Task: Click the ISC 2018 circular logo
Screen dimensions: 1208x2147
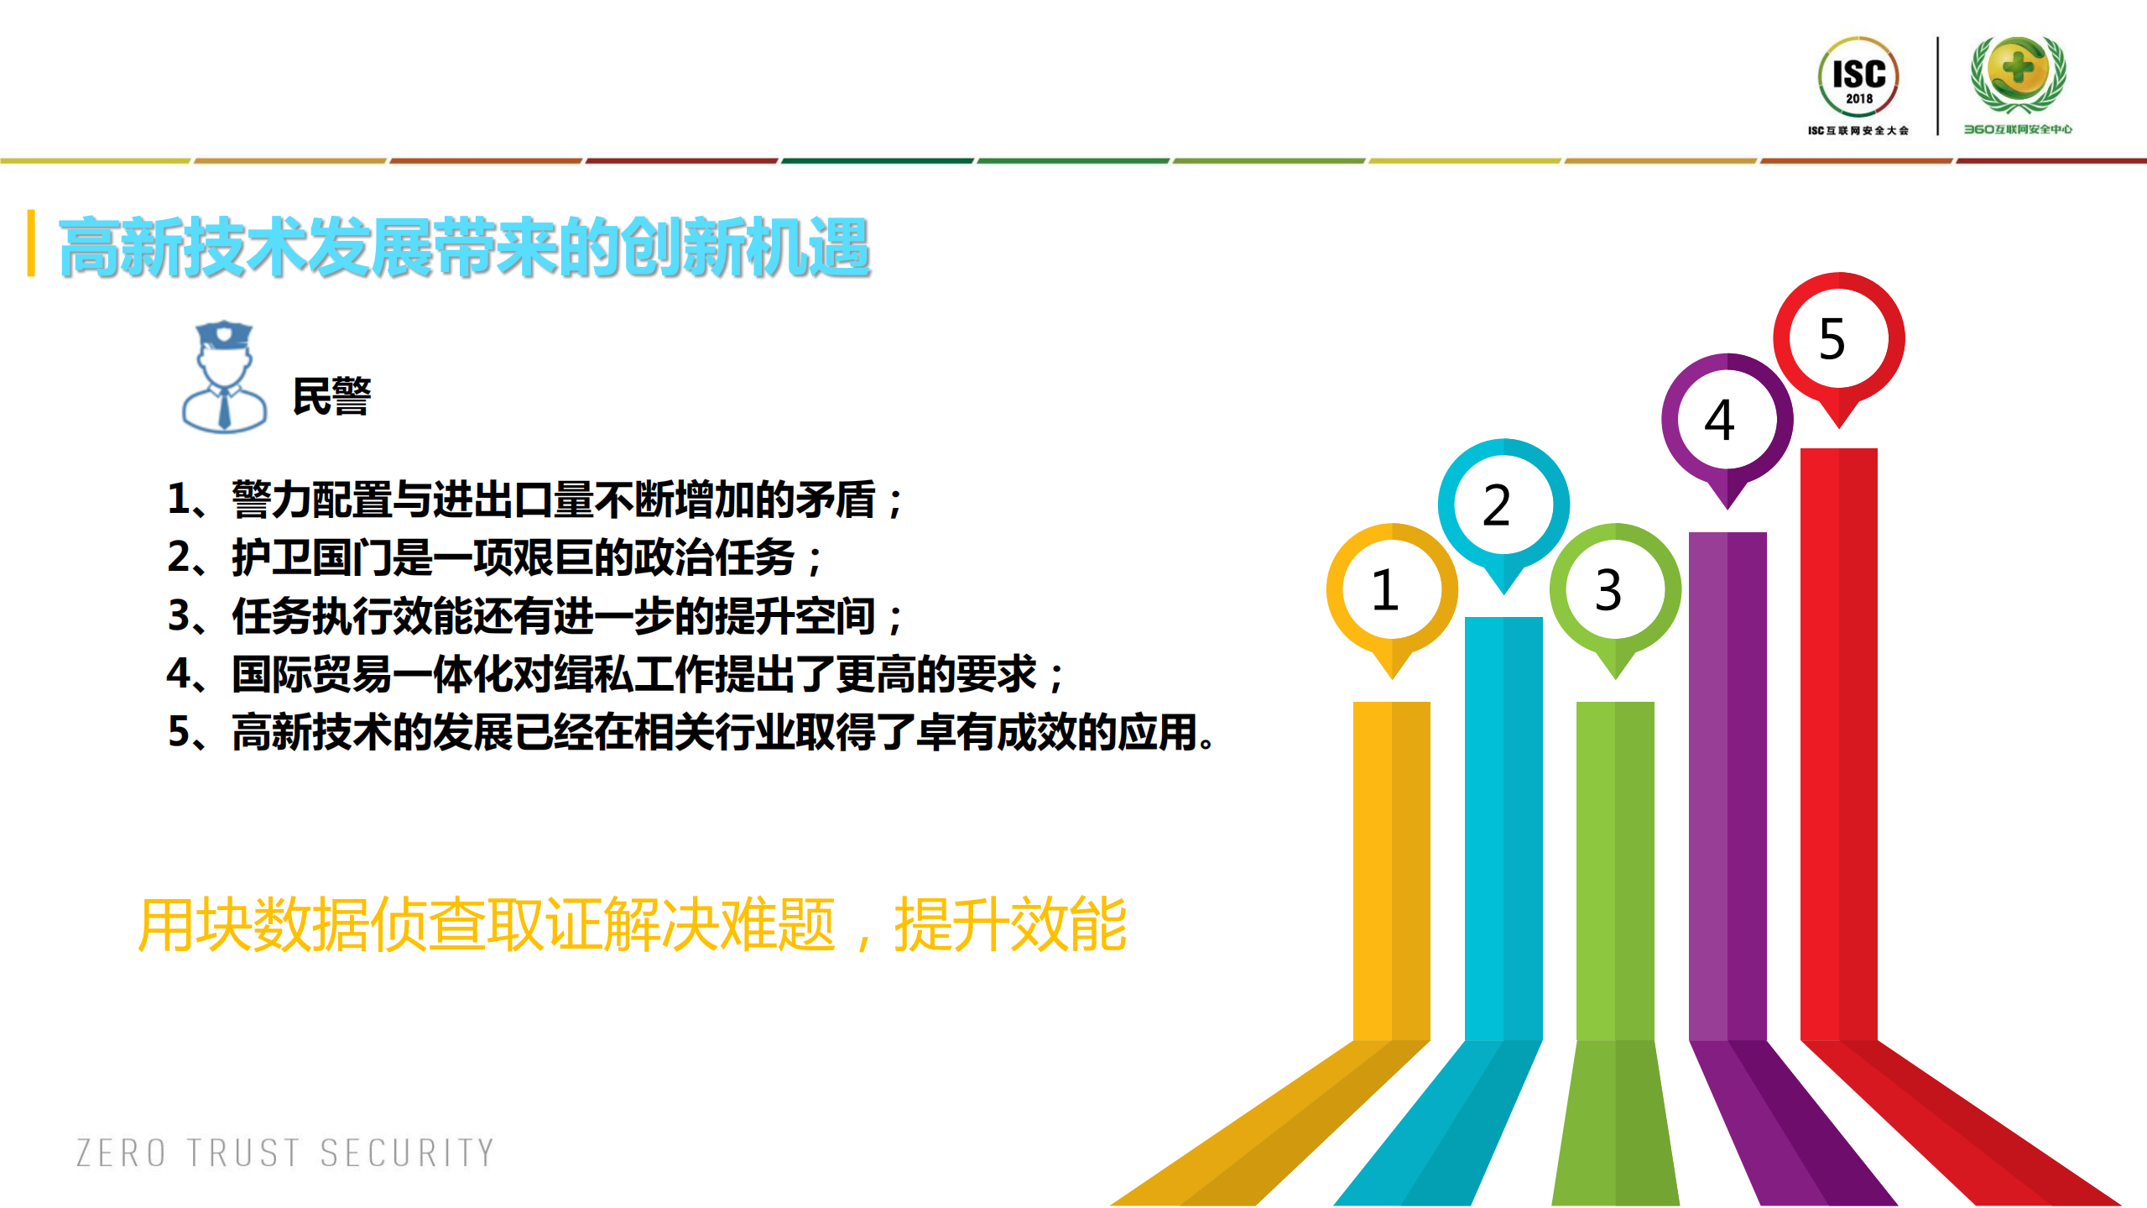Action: pos(1858,77)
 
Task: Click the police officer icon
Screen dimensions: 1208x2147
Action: pos(224,378)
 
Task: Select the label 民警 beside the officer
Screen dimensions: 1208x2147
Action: pos(331,396)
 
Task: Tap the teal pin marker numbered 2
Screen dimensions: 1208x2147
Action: pos(1503,505)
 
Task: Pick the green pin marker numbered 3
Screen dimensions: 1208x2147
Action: pos(1615,589)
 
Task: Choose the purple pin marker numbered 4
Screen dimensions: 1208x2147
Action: pos(1727,420)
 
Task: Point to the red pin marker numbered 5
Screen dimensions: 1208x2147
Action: pos(1838,338)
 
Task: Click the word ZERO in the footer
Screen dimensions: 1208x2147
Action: pos(122,1153)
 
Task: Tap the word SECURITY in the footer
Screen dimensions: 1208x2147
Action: pos(408,1153)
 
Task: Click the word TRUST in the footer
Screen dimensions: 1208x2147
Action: pos(243,1153)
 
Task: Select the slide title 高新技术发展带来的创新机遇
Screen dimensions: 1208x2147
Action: pos(464,247)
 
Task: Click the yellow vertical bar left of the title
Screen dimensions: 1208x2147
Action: pos(31,243)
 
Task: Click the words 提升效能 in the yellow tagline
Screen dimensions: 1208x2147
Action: pos(1010,924)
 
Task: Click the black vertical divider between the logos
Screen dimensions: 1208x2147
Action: pos(1937,86)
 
